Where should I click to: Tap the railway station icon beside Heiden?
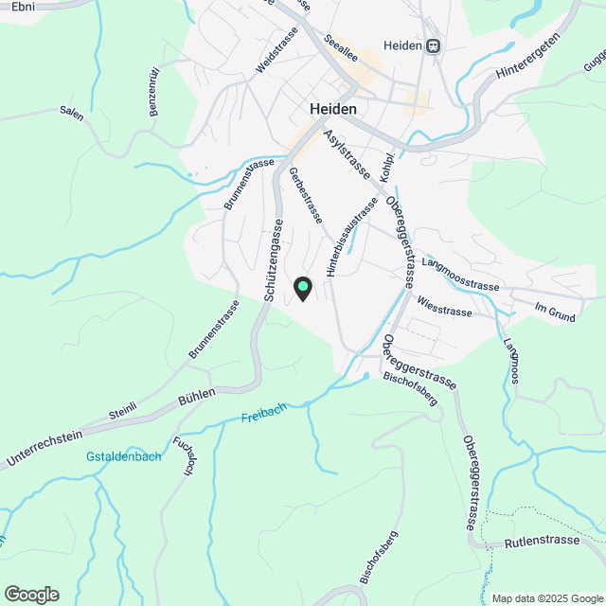(x=433, y=45)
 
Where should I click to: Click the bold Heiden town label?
(x=333, y=109)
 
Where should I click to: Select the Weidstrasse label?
(x=276, y=49)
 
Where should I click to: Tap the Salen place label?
(x=71, y=114)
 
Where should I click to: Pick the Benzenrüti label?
(x=154, y=92)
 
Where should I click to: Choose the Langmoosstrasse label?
(x=460, y=274)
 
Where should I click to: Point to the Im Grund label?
(x=555, y=313)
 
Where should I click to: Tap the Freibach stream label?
(x=262, y=416)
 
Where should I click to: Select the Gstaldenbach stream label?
(x=123, y=456)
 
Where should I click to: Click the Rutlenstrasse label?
(x=542, y=542)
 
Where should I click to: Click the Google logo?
(x=31, y=594)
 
